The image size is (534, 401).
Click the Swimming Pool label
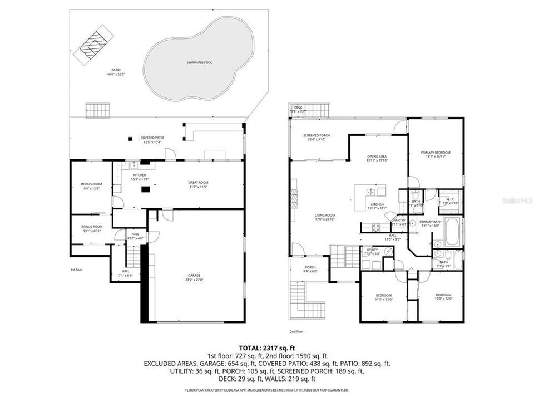(200, 63)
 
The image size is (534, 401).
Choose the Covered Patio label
(151, 140)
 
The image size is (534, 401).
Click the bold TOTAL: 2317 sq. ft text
(266, 347)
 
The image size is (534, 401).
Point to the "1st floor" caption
(76, 270)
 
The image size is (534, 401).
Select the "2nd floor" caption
(296, 331)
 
